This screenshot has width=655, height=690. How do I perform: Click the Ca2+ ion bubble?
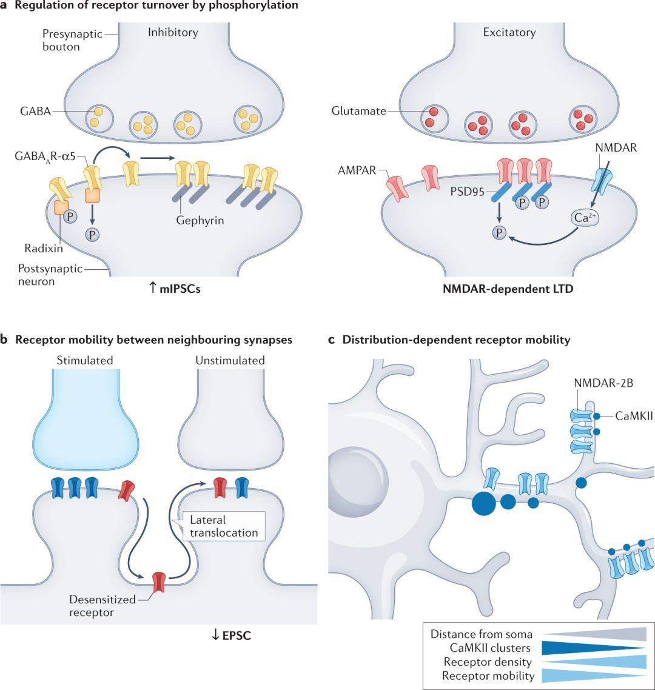(585, 218)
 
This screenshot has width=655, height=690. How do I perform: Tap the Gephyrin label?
(200, 220)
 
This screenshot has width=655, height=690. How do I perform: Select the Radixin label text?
(44, 248)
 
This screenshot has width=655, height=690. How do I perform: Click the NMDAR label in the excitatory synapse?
(616, 147)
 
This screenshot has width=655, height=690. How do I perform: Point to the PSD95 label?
(467, 192)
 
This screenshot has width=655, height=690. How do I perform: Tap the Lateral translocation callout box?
(224, 526)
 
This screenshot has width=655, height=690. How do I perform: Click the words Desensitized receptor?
(102, 606)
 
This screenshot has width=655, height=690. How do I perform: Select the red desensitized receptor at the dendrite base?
(158, 581)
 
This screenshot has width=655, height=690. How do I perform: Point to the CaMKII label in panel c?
(634, 416)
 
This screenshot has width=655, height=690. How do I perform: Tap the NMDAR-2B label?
(603, 383)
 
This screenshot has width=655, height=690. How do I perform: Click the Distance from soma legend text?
(481, 634)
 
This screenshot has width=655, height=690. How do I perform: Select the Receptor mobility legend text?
(488, 675)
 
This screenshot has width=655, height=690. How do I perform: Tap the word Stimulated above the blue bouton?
(85, 360)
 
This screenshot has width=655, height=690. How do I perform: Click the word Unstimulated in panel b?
(230, 360)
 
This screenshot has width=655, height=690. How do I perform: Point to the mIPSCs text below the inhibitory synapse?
(180, 289)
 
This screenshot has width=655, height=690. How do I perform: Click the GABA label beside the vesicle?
(36, 111)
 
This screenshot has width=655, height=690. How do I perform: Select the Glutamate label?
(359, 111)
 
